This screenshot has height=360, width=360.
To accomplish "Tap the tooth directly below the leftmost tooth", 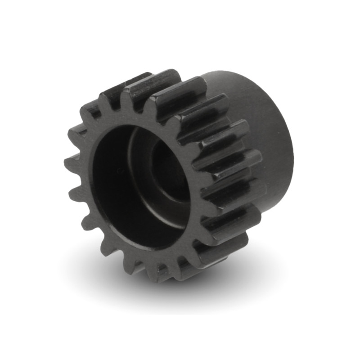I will (75, 193).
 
